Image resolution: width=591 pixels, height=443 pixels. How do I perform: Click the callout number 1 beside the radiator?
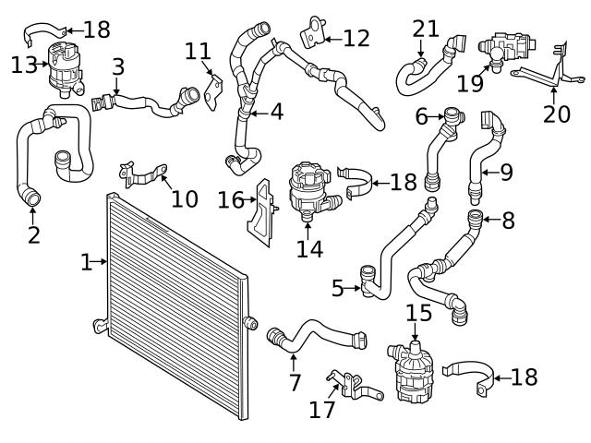point(86,263)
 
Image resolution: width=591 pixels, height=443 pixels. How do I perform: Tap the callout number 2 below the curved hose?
point(33,234)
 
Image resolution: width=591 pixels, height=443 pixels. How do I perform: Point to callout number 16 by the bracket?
point(231,199)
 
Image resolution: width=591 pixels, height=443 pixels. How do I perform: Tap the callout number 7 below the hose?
point(295,381)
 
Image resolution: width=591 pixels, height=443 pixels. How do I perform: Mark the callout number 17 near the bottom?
point(322,409)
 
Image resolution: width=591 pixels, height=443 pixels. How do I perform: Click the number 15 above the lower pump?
point(419,312)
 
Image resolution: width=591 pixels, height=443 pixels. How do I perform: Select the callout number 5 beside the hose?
point(338,289)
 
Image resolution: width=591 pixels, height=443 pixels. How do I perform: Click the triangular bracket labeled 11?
point(214,90)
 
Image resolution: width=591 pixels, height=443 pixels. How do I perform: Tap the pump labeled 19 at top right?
point(503,47)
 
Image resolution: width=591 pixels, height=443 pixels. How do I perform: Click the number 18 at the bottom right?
point(524,377)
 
